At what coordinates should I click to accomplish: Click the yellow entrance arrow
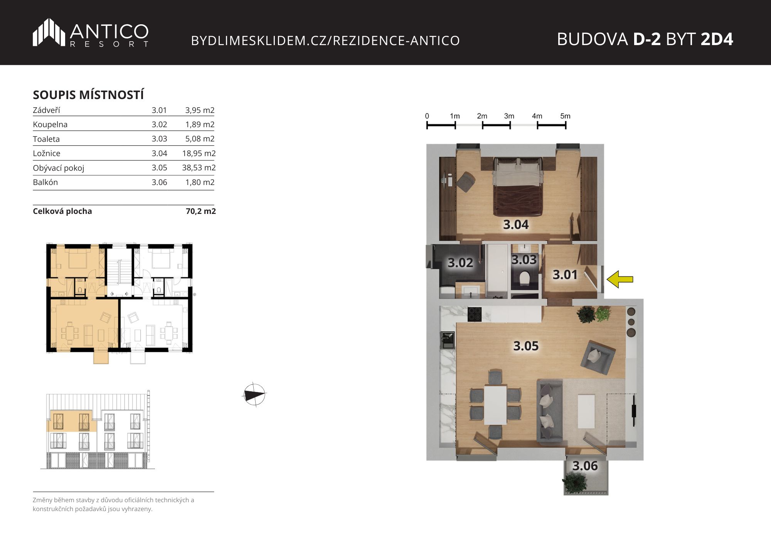click(620, 279)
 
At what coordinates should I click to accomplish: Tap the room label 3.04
click(516, 225)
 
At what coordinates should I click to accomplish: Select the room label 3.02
click(460, 263)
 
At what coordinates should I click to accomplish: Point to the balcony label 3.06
click(585, 466)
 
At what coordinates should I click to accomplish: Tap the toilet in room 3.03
click(524, 279)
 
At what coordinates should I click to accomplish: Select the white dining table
click(495, 405)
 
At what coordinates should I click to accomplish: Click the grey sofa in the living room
click(550, 410)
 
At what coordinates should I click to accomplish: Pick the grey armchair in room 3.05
click(598, 357)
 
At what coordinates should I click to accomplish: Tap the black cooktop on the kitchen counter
click(475, 314)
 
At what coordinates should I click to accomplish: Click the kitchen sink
click(448, 340)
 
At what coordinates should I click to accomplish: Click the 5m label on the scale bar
click(565, 116)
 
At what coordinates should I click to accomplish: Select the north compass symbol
click(254, 395)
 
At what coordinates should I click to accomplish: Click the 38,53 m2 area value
click(199, 168)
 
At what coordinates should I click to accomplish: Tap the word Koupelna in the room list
click(50, 124)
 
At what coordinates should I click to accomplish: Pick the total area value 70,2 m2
click(201, 211)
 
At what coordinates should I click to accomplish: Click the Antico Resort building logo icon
click(49, 32)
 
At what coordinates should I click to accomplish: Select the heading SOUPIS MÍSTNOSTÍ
click(88, 95)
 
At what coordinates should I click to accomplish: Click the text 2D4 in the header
click(717, 39)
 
